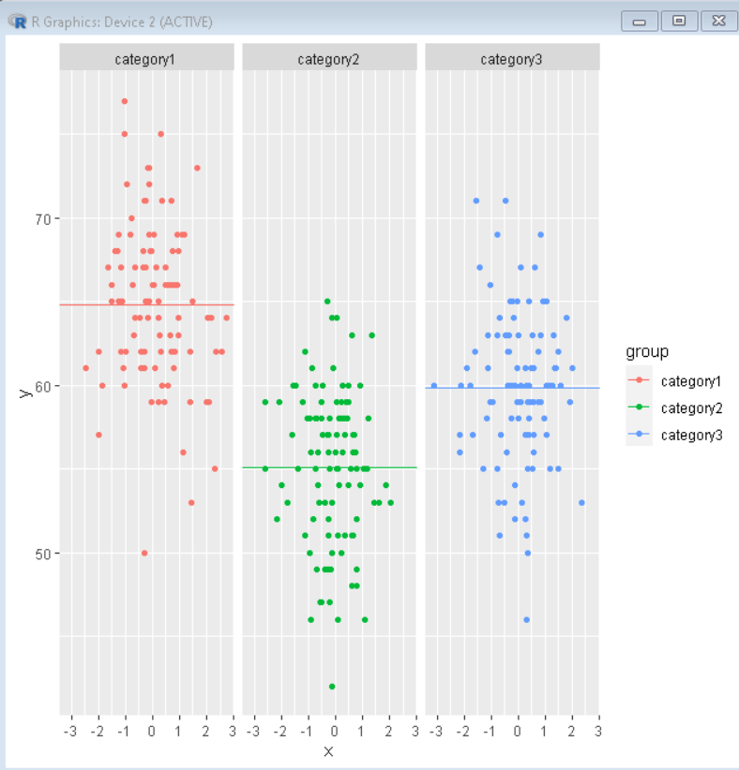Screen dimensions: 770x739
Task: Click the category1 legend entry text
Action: coord(691,381)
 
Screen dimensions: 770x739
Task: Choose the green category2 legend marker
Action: coord(642,408)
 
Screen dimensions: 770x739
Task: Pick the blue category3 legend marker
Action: coord(642,435)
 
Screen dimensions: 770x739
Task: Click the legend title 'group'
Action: coord(647,352)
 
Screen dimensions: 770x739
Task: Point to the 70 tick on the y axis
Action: coord(43,219)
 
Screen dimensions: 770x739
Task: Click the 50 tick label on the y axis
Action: coord(43,554)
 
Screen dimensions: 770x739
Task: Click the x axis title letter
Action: coord(328,751)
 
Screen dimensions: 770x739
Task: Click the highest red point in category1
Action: coord(125,101)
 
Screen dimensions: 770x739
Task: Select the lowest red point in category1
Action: coord(144,553)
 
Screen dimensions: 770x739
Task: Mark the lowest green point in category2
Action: coord(332,687)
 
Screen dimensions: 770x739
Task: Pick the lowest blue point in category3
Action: coord(527,619)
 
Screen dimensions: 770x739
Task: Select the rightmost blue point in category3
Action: coord(581,503)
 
